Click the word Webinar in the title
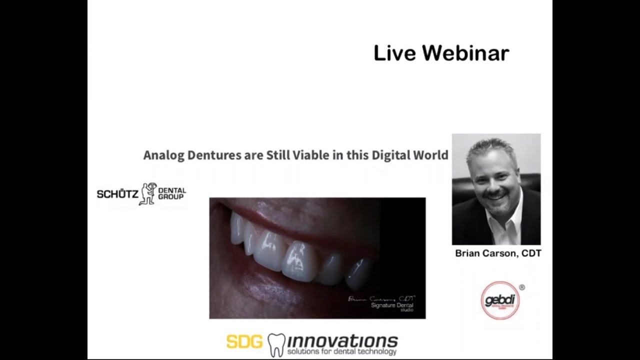point(465,53)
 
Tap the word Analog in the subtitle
point(163,155)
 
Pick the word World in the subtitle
point(430,155)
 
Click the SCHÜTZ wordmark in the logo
point(117,194)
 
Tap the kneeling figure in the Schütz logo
point(148,194)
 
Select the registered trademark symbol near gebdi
point(522,287)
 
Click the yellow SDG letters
point(244,342)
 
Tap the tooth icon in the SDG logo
point(276,344)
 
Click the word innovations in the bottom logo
point(342,341)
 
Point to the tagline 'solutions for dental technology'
point(341,352)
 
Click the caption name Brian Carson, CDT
point(498,253)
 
